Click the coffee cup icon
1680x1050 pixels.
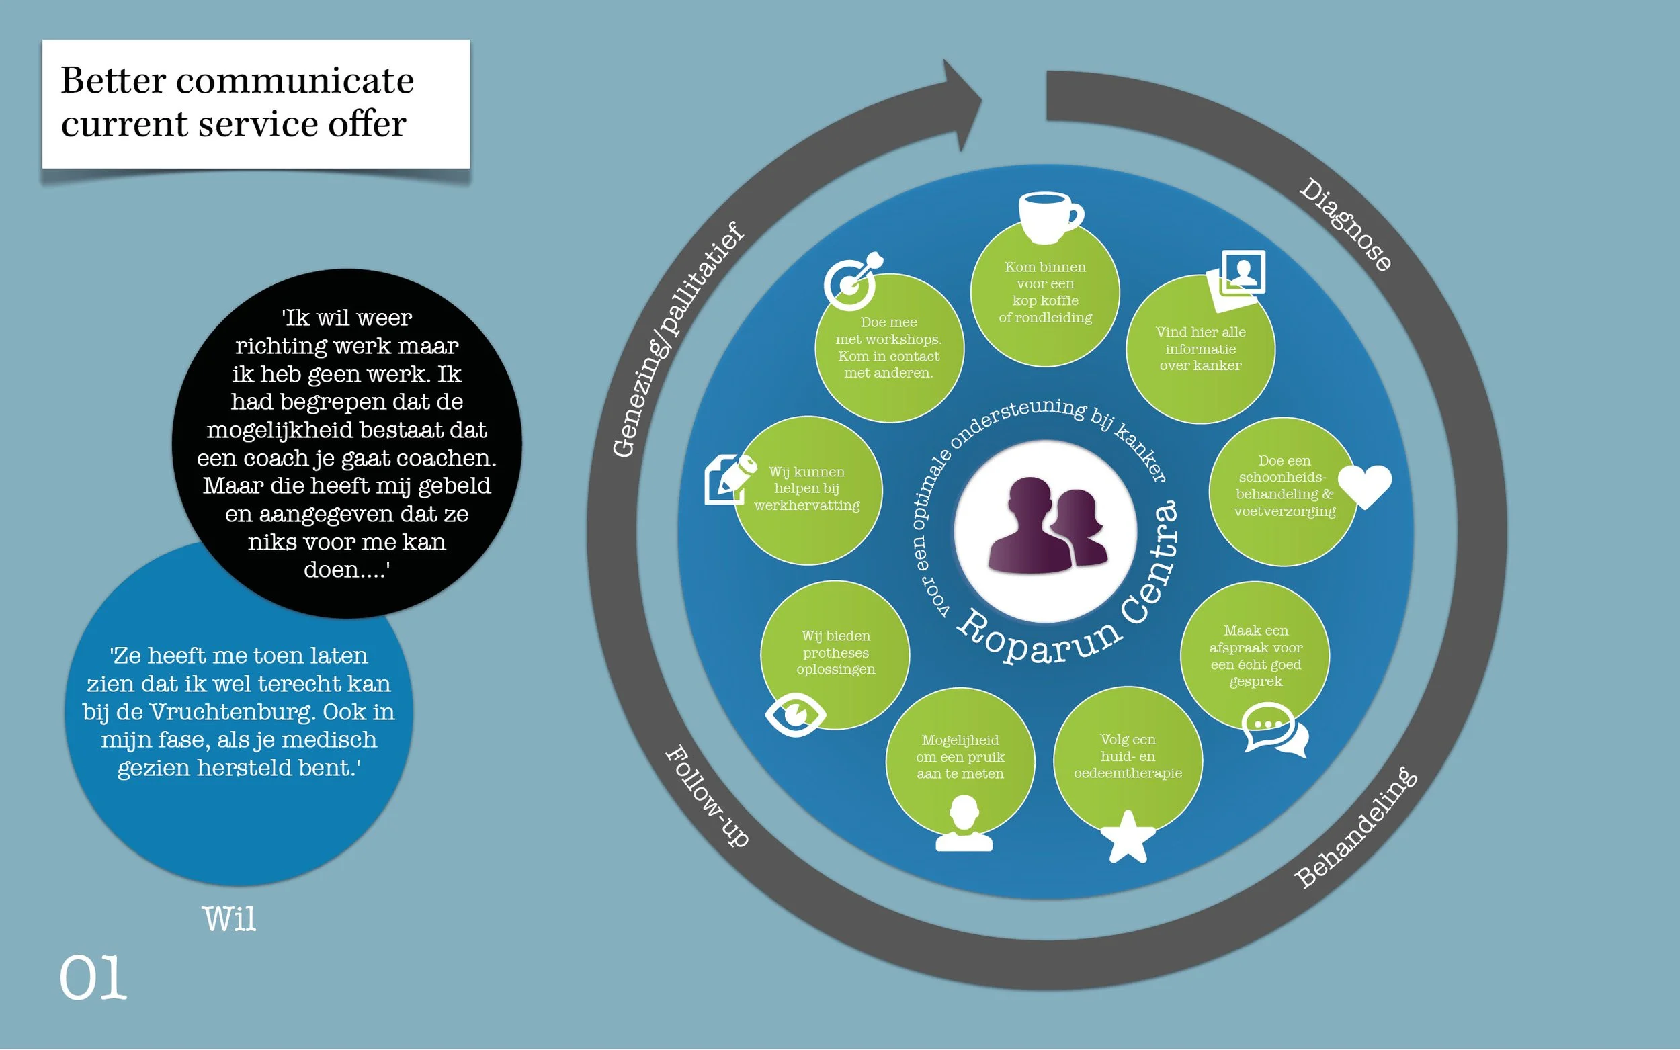[1049, 217]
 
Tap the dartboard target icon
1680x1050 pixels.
[851, 281]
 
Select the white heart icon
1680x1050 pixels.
[1364, 486]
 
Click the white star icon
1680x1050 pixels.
[1127, 836]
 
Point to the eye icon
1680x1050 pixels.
[795, 713]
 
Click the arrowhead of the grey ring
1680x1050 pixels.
[962, 104]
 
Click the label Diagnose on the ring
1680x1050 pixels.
[1346, 224]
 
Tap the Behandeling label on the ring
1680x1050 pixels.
[1355, 827]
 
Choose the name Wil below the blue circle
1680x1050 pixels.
[228, 920]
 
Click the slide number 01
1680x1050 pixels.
[93, 977]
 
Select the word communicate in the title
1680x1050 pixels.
[294, 81]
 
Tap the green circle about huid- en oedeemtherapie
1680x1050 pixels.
[1127, 757]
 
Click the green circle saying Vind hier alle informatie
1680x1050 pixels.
[1200, 349]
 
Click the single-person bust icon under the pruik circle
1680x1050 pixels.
[963, 824]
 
